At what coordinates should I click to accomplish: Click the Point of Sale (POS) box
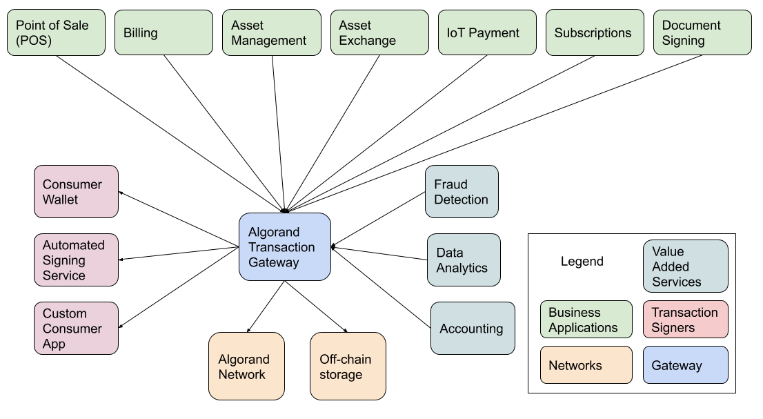tap(56, 32)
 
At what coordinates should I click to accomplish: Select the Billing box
tap(163, 32)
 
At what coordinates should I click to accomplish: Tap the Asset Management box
tap(271, 32)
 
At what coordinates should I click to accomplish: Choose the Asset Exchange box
tap(379, 32)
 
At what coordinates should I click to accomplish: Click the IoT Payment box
tap(487, 32)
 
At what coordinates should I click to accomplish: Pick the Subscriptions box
tap(595, 32)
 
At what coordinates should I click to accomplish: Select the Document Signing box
tap(702, 32)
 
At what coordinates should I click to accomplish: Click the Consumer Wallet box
tap(76, 192)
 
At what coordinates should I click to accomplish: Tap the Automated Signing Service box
tap(76, 260)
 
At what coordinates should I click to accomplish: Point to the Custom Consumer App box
tap(76, 329)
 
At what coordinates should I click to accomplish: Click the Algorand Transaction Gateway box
tap(284, 247)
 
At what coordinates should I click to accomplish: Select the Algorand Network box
tap(246, 367)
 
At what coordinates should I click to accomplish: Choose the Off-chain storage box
tap(348, 367)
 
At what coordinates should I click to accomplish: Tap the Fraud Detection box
tap(462, 192)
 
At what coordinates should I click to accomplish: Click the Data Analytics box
tap(464, 260)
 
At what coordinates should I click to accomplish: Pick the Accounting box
tap(473, 329)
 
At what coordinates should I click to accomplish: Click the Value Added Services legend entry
tap(685, 266)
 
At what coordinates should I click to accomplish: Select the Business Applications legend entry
tap(586, 320)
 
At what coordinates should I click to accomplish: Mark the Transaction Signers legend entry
tap(685, 320)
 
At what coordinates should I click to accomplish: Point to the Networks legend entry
tap(586, 365)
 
